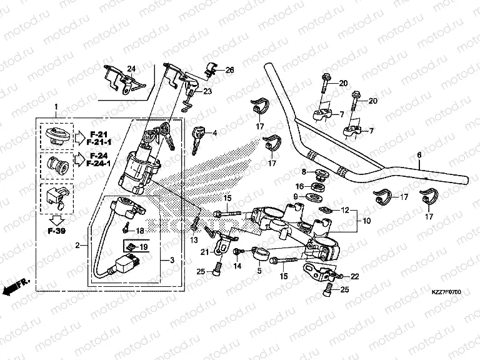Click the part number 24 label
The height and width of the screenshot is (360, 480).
(131, 68)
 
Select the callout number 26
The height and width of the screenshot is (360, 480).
(229, 70)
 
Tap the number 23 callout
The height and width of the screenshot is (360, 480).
(207, 91)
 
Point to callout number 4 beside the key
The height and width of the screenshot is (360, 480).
(214, 132)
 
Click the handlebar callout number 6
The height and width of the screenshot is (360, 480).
(419, 154)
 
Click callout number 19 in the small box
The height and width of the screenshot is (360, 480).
(143, 247)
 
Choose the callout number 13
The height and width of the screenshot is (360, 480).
(193, 240)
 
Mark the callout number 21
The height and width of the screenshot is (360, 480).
(204, 251)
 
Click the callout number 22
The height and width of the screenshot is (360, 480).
(356, 276)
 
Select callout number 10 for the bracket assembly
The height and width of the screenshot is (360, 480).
(365, 220)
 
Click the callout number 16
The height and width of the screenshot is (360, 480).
(299, 186)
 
